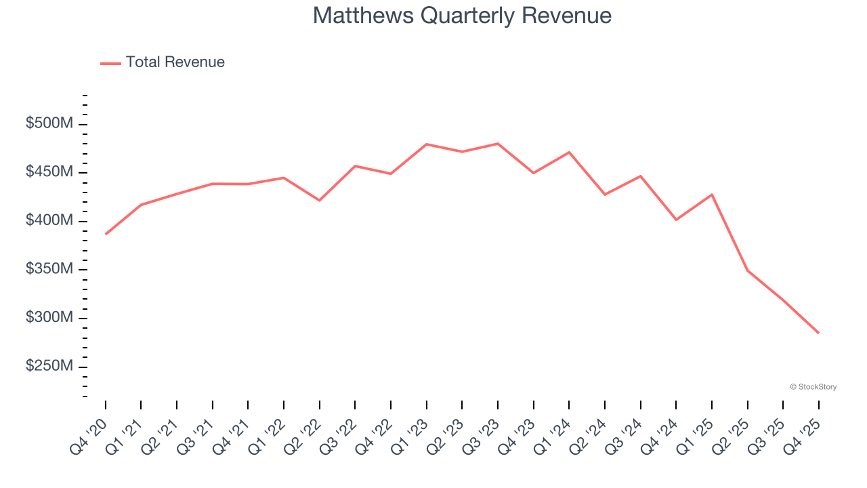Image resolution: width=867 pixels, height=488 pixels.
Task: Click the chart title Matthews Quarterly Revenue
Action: click(462, 16)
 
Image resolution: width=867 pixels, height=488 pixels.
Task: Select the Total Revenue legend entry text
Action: click(175, 62)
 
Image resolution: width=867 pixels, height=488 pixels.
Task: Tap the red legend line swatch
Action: click(110, 63)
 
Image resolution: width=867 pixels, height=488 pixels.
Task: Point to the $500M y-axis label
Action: click(49, 124)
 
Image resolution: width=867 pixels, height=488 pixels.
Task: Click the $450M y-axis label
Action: click(49, 172)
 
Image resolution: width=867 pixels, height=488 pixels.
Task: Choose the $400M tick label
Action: click(49, 221)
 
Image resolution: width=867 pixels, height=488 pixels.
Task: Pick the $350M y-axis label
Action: click(49, 269)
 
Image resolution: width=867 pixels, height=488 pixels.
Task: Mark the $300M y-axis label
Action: click(49, 318)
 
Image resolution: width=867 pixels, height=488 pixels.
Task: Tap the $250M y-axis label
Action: click(49, 366)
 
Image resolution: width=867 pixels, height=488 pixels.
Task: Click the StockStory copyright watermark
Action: click(813, 387)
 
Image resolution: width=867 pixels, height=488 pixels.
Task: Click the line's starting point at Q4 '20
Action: click(106, 234)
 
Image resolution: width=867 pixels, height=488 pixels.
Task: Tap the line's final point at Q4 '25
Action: click(818, 333)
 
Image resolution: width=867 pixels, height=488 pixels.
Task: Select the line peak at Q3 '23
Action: click(498, 144)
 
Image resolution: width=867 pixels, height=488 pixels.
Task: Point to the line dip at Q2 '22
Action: click(320, 201)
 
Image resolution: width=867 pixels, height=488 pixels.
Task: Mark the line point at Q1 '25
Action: click(712, 195)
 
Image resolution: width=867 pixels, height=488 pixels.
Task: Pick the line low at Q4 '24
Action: click(676, 220)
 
